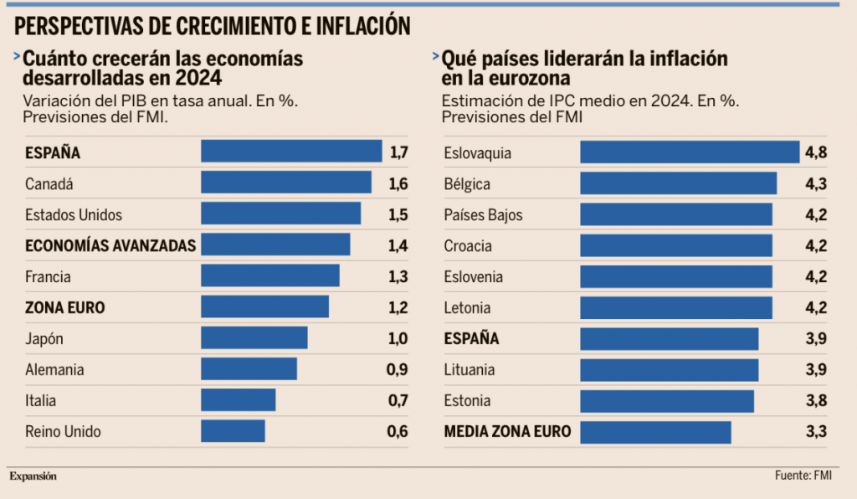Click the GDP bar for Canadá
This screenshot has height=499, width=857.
click(x=286, y=183)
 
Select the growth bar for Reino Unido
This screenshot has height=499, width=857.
click(x=233, y=431)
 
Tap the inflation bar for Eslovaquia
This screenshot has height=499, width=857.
click(x=690, y=152)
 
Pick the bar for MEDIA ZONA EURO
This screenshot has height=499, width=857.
click(x=655, y=431)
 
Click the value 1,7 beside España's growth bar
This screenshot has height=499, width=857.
click(x=398, y=152)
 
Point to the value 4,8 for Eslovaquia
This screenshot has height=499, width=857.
click(x=817, y=152)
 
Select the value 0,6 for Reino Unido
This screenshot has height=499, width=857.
click(x=398, y=432)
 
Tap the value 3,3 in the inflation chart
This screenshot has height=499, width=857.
click(x=817, y=432)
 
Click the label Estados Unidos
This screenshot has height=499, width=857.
click(x=74, y=214)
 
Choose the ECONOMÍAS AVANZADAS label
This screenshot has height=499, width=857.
click(x=110, y=245)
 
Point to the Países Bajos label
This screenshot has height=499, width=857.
click(x=483, y=214)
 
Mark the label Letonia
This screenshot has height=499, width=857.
click(x=467, y=307)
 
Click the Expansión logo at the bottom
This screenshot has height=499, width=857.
click(x=33, y=476)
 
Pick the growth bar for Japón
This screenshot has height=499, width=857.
click(x=254, y=338)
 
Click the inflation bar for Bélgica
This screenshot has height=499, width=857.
click(x=678, y=183)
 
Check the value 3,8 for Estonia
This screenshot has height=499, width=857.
click(x=817, y=400)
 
